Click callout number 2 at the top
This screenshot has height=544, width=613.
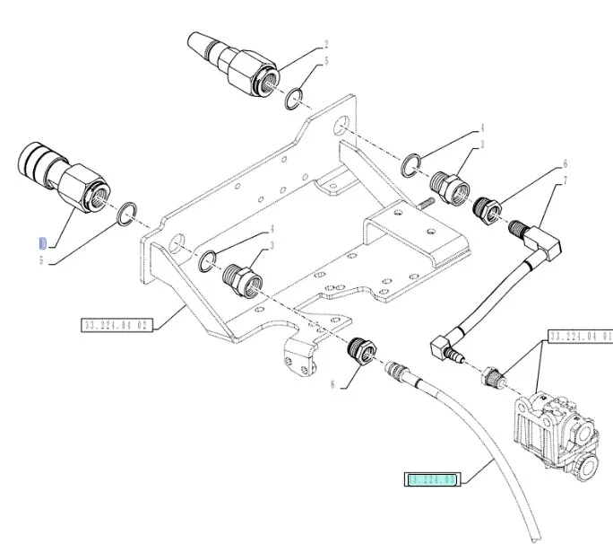[326, 44]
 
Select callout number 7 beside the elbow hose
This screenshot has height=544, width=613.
[566, 182]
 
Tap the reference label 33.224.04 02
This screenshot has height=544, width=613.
[117, 322]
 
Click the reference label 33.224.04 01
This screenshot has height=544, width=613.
[580, 336]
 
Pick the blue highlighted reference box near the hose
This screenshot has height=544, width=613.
[433, 481]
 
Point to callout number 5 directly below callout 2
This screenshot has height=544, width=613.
[326, 62]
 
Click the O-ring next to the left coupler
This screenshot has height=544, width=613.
[127, 214]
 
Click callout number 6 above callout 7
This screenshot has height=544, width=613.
[566, 164]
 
